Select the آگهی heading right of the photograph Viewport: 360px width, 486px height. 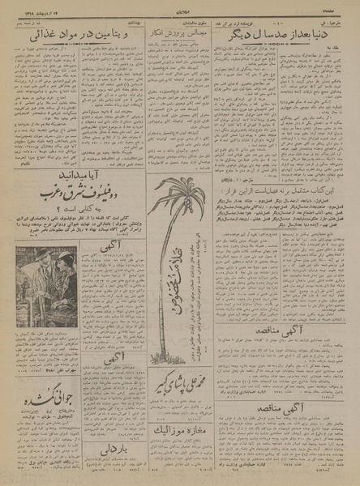click(113, 264)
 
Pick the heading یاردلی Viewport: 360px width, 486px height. click(112, 446)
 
